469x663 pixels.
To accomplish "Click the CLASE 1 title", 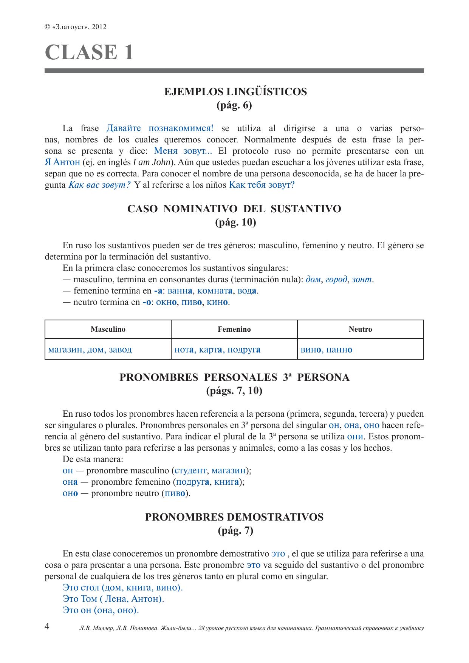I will pos(89,52).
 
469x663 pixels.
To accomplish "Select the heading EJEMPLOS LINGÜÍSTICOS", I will pos(235,92).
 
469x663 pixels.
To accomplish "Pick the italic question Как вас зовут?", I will pos(99,185).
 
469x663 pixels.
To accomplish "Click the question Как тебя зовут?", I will pos(262,185).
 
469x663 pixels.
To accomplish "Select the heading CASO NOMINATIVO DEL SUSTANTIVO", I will pos(234,209).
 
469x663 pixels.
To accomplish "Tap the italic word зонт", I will pos(362,280).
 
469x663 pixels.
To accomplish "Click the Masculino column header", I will pos(108,329).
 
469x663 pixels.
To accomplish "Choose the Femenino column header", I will pos(234,329).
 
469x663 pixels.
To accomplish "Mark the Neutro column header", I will pos(360,329).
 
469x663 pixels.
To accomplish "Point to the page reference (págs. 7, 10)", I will pos(234,391).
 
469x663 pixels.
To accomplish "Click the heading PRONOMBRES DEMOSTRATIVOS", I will pos(234,517).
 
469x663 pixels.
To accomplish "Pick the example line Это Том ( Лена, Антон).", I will pos(113,599).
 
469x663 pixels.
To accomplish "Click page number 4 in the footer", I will pos(47,626).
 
